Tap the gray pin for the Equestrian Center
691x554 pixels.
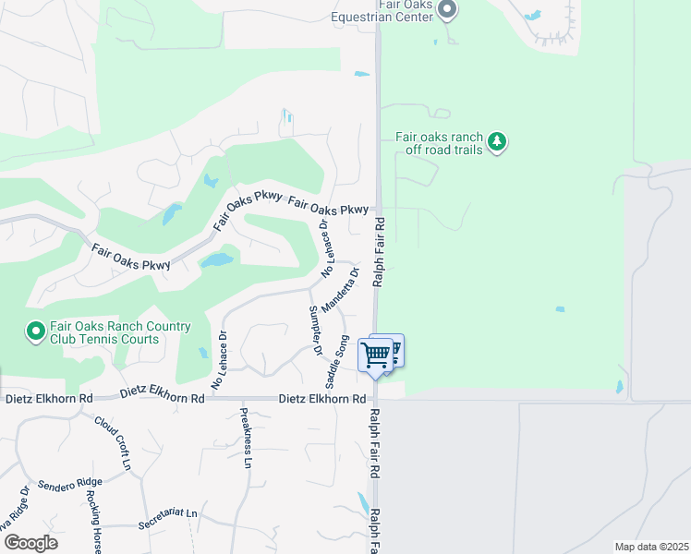click(x=447, y=10)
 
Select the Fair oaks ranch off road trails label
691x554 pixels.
click(x=439, y=142)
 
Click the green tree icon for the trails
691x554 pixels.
click(x=499, y=141)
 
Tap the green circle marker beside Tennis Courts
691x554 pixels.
click(x=36, y=331)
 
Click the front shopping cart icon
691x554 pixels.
click(x=376, y=355)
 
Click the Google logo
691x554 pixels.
click(x=30, y=542)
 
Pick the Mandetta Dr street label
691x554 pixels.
click(x=340, y=288)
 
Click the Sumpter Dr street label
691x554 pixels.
click(x=315, y=331)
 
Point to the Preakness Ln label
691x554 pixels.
click(x=246, y=438)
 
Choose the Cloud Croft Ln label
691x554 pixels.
click(x=113, y=441)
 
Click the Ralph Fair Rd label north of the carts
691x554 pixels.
click(x=379, y=252)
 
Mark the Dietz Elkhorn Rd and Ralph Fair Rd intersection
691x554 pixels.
click(x=378, y=399)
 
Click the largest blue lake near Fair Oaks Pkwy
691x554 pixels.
click(x=217, y=260)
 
